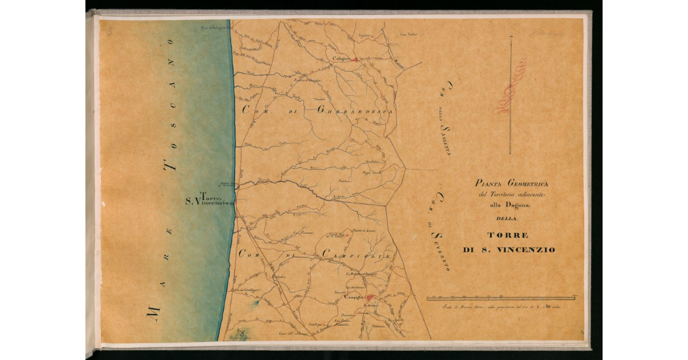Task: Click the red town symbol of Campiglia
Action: click(370, 297)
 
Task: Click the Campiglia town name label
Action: click(354, 298)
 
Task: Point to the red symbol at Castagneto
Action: click(355, 59)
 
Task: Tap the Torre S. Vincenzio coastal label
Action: click(208, 198)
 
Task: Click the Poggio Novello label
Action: click(372, 173)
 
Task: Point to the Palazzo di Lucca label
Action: click(363, 231)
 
